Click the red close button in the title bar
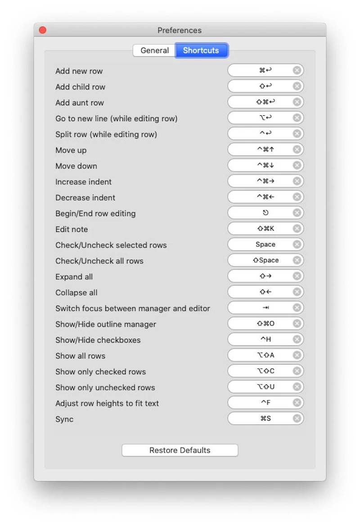point(43,30)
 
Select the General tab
point(154,50)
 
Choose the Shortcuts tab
point(201,50)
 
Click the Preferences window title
point(180,30)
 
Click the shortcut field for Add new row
point(261,70)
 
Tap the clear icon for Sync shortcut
point(297,419)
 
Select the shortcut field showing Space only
point(261,245)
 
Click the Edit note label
point(72,229)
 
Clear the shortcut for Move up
point(297,150)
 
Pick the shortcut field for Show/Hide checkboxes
point(261,340)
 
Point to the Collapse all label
point(76,293)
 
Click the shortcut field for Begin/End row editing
point(261,213)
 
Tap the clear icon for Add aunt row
point(297,102)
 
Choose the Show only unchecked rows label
point(105,388)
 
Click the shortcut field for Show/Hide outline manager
point(261,324)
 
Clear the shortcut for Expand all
point(297,276)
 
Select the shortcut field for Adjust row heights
point(261,403)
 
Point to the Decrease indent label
point(85,198)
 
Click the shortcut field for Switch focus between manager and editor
point(261,308)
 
